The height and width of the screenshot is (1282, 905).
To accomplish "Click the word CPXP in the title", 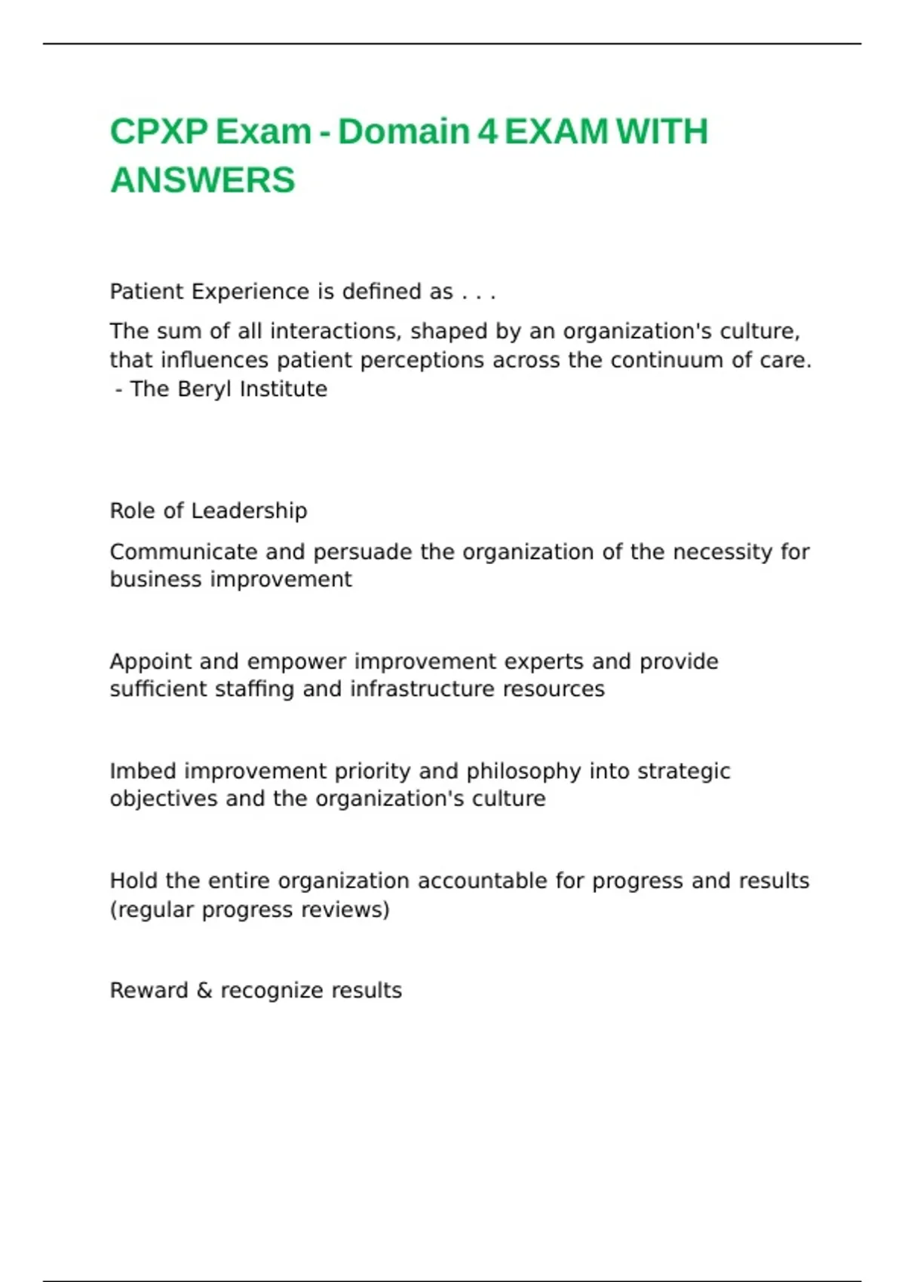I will pos(158,132).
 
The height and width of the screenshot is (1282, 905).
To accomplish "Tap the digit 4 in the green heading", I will pos(487,132).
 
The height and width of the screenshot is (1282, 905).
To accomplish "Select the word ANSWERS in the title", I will pos(202,180).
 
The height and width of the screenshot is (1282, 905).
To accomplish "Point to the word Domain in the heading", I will pos(403,132).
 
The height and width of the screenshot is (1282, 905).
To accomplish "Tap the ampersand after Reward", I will pos(204,990).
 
